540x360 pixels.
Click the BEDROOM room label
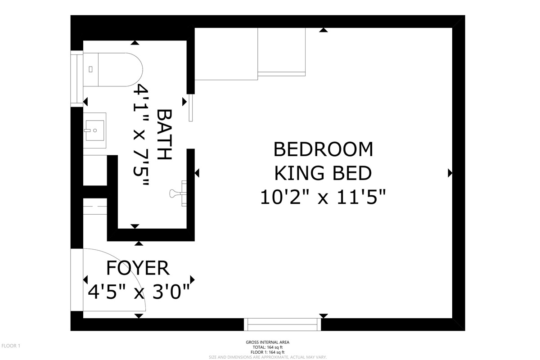click(323, 149)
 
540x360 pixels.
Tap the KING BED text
click(323, 173)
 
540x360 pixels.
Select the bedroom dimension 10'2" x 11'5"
click(323, 197)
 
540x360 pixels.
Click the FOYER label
click(138, 268)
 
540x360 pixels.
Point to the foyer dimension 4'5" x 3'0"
click(139, 292)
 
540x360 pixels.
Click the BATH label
click(164, 134)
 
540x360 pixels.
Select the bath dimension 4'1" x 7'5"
click(141, 135)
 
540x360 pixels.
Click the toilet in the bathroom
click(113, 70)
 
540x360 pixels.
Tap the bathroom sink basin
click(95, 130)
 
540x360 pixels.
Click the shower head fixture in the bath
click(178, 193)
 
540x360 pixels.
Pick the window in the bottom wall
click(282, 324)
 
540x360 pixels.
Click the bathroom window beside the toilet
click(76, 79)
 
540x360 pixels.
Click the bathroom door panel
click(191, 108)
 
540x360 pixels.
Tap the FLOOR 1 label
click(11, 346)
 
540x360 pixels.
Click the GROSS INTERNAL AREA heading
click(268, 342)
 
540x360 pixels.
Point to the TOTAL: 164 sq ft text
click(268, 347)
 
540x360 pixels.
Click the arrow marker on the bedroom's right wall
click(450, 173)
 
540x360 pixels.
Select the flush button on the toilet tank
click(90, 69)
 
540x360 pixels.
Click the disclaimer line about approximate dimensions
click(268, 357)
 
